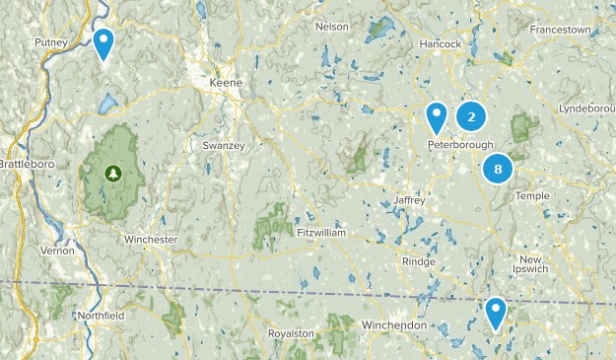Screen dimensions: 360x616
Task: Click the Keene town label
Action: click(x=227, y=84)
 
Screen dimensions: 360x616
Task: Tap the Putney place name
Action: click(x=50, y=42)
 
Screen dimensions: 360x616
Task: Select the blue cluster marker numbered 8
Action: click(x=498, y=170)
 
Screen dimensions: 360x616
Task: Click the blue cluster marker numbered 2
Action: click(x=471, y=117)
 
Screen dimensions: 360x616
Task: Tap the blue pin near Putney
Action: click(x=103, y=42)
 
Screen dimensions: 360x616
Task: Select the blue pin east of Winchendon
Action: click(x=496, y=313)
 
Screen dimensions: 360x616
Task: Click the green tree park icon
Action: click(x=113, y=173)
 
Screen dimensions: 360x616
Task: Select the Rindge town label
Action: click(x=418, y=261)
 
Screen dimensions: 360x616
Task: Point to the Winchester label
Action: click(x=151, y=240)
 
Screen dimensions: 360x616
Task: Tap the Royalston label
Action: click(x=292, y=333)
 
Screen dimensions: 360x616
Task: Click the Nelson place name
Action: click(x=332, y=27)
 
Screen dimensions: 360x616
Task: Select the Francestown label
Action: click(x=560, y=31)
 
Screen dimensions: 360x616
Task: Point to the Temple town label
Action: click(x=532, y=196)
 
